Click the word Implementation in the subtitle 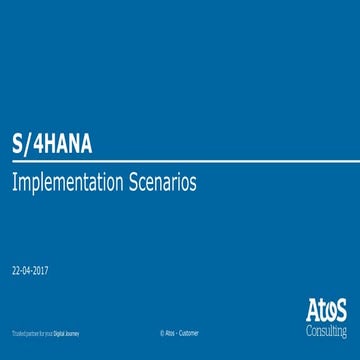click(x=65, y=184)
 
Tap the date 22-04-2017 click(x=30, y=271)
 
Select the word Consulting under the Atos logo click(x=326, y=328)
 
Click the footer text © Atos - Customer click(x=180, y=331)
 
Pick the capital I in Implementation click(x=14, y=184)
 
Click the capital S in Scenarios click(x=129, y=184)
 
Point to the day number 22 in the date click(x=15, y=271)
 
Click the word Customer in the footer click(x=189, y=331)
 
